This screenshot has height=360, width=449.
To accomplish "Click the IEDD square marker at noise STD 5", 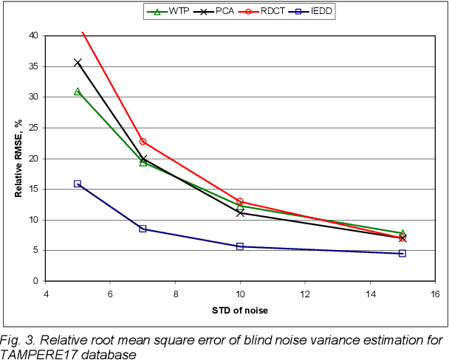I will pos(78,184).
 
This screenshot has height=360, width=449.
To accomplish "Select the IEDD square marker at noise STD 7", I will pos(143,229).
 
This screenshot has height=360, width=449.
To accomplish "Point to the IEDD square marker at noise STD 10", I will pos(240,246).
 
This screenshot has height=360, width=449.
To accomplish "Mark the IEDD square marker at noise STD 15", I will pos(402,253).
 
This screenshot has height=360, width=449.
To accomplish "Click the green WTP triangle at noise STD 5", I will pos(78,91).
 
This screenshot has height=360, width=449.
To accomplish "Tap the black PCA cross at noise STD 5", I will pos(78,63).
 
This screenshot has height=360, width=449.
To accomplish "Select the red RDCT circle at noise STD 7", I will pos(143,142).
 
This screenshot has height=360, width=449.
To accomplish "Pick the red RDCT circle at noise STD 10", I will pos(240,201).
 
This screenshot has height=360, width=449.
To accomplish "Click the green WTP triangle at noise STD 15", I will pos(402,233).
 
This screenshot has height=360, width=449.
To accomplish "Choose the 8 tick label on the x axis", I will pos(175,294).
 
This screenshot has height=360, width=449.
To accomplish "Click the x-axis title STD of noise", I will pos(239,311).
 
